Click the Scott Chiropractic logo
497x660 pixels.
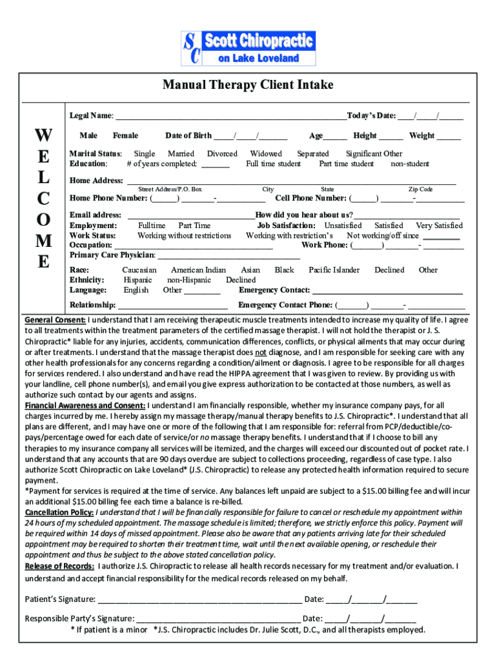(248, 48)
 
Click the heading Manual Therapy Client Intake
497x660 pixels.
(248, 85)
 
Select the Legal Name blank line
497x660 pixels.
(230, 117)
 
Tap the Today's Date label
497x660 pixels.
(371, 116)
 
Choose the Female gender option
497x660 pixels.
(125, 136)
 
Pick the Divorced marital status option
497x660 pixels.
(222, 154)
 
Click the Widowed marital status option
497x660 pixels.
(266, 154)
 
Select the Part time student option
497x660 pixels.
(346, 164)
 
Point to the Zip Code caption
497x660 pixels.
(420, 189)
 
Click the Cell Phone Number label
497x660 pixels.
(312, 199)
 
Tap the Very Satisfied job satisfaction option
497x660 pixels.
(439, 226)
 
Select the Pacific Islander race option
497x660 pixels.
(334, 270)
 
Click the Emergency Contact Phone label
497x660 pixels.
(285, 305)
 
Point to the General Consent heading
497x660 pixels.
(55, 320)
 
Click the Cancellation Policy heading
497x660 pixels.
(59, 512)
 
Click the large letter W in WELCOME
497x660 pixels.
(44, 136)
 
